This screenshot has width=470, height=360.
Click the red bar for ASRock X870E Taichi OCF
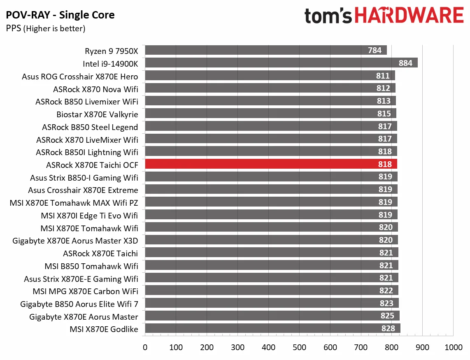(x=271, y=165)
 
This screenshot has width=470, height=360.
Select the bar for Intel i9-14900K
(x=281, y=63)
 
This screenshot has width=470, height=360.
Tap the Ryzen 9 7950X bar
(x=266, y=50)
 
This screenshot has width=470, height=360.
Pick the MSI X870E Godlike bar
(x=272, y=328)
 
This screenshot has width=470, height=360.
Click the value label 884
(x=405, y=63)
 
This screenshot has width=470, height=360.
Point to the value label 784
(x=375, y=51)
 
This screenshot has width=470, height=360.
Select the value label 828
(x=388, y=328)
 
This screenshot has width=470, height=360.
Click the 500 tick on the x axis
(x=299, y=347)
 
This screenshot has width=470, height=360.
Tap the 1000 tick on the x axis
(x=453, y=347)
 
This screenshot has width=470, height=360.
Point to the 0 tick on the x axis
(x=145, y=347)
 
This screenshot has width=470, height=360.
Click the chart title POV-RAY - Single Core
(x=60, y=16)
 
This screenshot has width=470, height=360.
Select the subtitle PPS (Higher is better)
(x=46, y=28)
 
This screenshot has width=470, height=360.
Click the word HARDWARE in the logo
(x=409, y=16)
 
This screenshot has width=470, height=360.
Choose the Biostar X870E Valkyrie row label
(x=97, y=114)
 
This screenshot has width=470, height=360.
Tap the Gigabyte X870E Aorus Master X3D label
(x=75, y=241)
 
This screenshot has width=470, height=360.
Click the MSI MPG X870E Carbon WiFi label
(x=85, y=291)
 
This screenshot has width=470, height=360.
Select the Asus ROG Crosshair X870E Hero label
(x=80, y=77)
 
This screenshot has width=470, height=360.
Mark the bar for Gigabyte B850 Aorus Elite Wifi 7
(x=272, y=303)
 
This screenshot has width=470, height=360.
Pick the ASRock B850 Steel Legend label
(x=90, y=127)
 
